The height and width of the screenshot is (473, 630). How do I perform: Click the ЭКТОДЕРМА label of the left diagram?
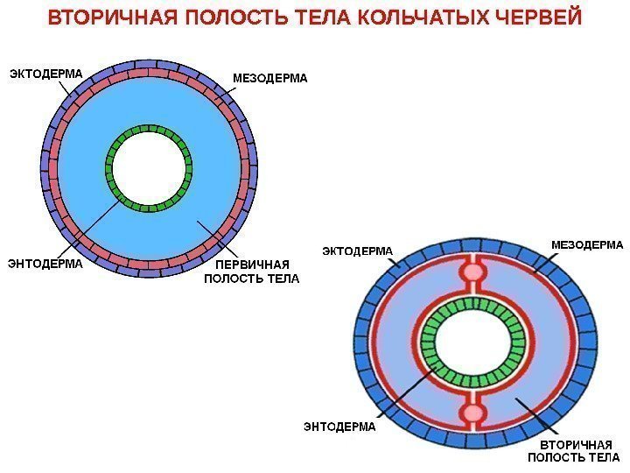pyautogui.click(x=45, y=74)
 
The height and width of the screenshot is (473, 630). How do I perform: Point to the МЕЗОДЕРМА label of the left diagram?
pyautogui.click(x=270, y=79)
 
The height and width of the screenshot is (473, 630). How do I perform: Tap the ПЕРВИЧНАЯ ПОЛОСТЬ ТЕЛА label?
pyautogui.click(x=252, y=272)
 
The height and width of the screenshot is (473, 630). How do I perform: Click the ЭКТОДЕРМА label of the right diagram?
pyautogui.click(x=359, y=251)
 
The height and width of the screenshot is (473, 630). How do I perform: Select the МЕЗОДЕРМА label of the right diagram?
pyautogui.click(x=587, y=245)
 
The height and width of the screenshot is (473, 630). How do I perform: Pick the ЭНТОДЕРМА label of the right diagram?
pyautogui.click(x=339, y=427)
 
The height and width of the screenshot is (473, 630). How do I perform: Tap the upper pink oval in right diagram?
pyautogui.click(x=473, y=272)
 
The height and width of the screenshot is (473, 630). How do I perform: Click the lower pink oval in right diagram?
pyautogui.click(x=473, y=413)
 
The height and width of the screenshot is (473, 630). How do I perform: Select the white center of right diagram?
pyautogui.click(x=472, y=342)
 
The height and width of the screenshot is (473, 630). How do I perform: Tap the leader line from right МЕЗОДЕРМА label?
pyautogui.click(x=547, y=261)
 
